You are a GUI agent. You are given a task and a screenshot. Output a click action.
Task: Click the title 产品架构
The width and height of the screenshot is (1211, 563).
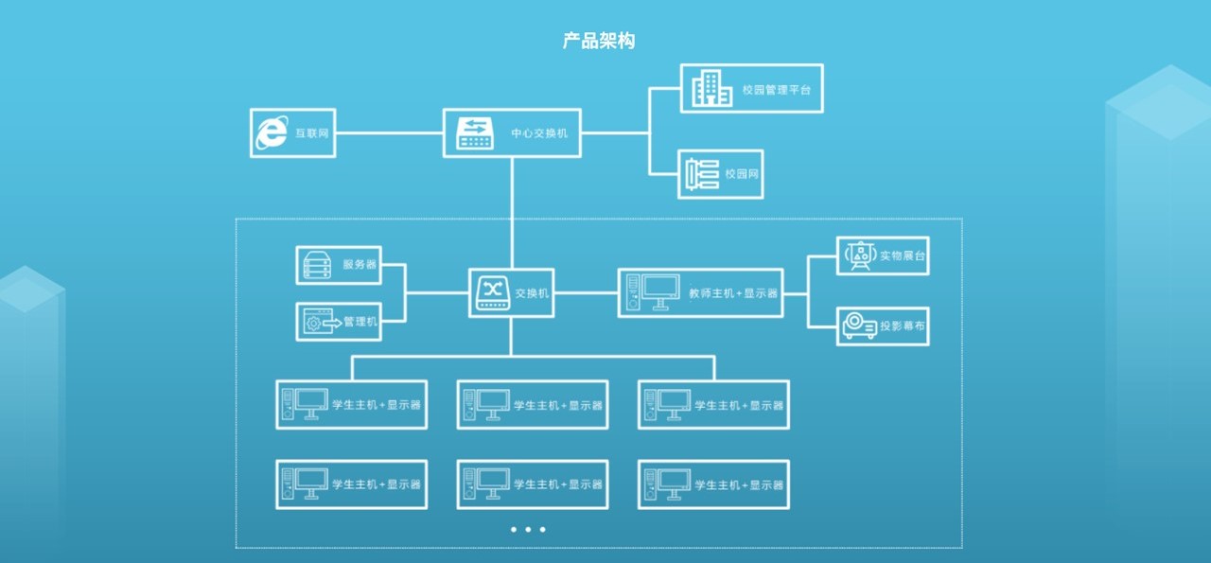(x=599, y=41)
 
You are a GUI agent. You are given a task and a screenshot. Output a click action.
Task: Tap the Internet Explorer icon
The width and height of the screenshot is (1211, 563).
(x=272, y=133)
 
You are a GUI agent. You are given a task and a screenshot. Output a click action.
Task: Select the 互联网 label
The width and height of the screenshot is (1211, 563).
(x=311, y=133)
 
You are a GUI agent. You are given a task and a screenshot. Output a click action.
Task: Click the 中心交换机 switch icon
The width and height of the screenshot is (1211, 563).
(x=475, y=133)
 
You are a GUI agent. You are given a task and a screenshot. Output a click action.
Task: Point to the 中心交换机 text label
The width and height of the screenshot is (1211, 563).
(x=539, y=133)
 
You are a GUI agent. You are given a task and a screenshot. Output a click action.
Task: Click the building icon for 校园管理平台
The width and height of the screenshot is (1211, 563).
(x=711, y=88)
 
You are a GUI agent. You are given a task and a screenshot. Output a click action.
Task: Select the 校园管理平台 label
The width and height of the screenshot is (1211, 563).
(x=777, y=90)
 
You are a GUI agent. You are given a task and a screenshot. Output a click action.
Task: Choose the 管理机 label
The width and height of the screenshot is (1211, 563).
(x=360, y=322)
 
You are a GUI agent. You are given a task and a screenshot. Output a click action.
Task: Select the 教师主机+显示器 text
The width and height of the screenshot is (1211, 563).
(x=733, y=294)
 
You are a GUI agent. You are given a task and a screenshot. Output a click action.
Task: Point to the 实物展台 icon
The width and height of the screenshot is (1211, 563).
(x=859, y=255)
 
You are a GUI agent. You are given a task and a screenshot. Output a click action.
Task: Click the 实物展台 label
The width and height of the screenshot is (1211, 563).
(x=902, y=255)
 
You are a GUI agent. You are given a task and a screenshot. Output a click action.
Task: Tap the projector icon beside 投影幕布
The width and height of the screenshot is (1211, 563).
(x=859, y=326)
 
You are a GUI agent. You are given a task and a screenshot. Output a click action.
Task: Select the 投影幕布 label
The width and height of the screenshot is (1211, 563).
(x=903, y=326)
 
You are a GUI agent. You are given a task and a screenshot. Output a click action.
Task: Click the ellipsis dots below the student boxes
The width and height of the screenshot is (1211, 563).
(x=528, y=530)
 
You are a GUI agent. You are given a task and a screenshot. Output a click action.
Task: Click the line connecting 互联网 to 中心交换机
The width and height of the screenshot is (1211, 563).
(x=389, y=133)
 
